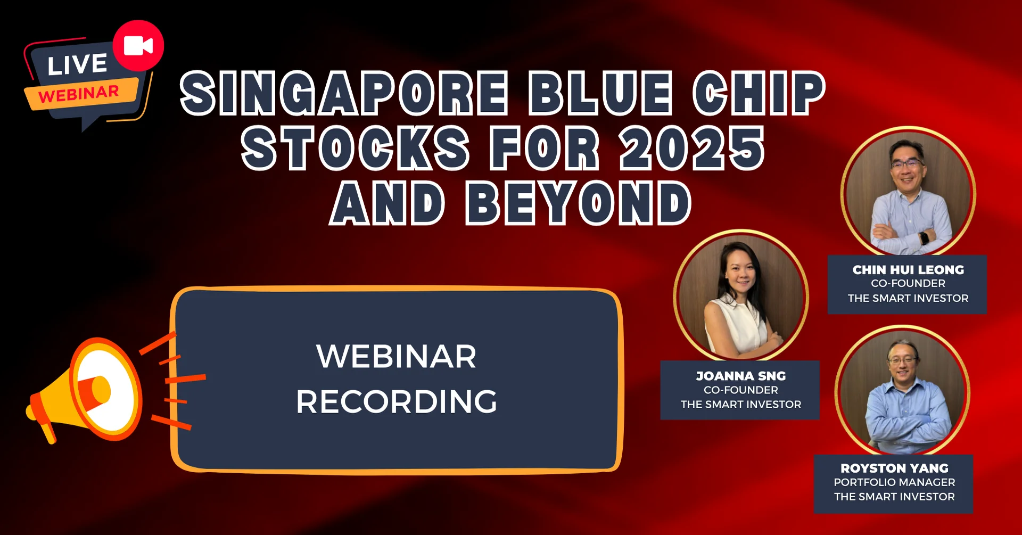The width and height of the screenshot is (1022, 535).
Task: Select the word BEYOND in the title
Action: tap(579, 203)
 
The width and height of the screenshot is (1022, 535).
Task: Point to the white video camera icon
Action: tap(138, 46)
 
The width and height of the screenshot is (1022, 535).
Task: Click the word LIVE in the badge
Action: tap(77, 64)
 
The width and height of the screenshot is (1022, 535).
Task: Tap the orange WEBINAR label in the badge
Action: tap(79, 95)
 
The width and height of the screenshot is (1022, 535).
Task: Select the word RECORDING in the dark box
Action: tap(397, 401)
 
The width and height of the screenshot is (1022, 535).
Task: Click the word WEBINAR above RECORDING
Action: tap(397, 356)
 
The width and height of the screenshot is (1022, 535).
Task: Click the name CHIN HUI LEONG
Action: tap(908, 270)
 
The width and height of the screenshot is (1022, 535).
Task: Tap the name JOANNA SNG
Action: tap(740, 376)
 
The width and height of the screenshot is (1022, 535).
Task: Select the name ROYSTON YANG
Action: tap(894, 468)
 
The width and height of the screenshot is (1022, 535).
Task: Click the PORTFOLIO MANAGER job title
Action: tap(894, 482)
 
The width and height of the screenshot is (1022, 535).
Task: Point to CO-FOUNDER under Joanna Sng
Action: tap(740, 390)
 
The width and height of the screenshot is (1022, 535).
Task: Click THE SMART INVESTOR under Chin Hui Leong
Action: tap(908, 299)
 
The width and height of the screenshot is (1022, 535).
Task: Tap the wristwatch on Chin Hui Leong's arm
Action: tap(924, 237)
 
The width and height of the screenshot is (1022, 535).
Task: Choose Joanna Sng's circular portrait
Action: tap(741, 296)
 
